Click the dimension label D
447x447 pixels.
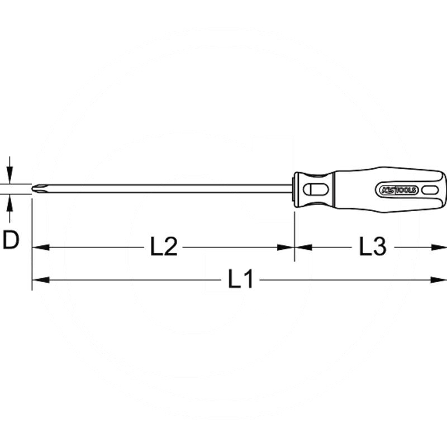click(11, 240)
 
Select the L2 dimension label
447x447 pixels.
click(164, 246)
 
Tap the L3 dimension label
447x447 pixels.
click(372, 246)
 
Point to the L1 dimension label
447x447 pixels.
click(240, 279)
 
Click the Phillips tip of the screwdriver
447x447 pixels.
click(38, 189)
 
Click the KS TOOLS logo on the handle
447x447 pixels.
click(398, 189)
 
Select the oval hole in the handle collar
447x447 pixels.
click(313, 189)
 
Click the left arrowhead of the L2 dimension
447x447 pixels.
click(40, 248)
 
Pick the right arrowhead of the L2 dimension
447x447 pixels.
click(286, 248)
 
